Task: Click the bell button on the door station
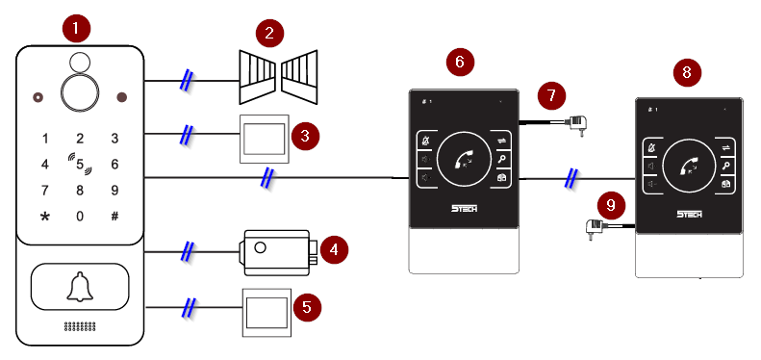coord(80,287)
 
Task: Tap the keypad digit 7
coord(45,191)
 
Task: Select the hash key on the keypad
coord(114,217)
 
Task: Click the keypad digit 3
coord(114,139)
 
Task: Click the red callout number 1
coord(76,29)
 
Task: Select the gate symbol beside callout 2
coord(278,77)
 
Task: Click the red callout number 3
coord(305,137)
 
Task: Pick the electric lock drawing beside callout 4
coord(278,252)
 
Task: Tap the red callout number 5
coord(307,307)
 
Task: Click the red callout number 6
coord(460,62)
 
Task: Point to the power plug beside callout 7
coord(576,124)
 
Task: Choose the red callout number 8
coord(687,72)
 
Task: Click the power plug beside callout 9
coord(595,228)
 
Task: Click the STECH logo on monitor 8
coord(689,215)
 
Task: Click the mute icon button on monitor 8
coord(651,147)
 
